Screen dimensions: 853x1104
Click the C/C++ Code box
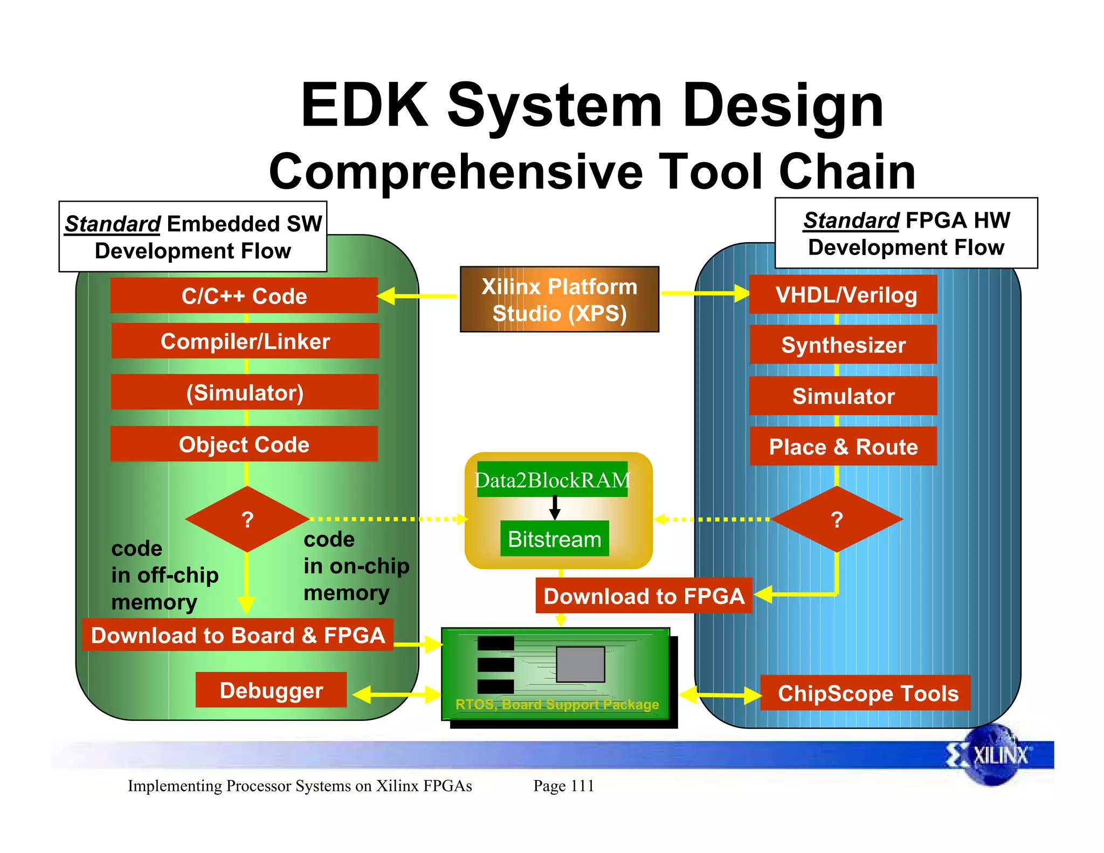click(x=244, y=295)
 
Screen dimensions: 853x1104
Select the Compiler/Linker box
click(x=245, y=341)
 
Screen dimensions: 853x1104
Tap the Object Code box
click(x=244, y=444)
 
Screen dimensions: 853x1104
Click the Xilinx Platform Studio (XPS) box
click(x=559, y=299)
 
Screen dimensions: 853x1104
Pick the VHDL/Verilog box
click(x=843, y=294)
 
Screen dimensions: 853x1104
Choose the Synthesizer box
click(x=843, y=345)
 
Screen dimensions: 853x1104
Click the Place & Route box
click(x=843, y=446)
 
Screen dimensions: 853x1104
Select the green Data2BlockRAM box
click(x=552, y=479)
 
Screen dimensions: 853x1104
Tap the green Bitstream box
click(x=554, y=538)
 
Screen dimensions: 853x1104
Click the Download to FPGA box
click(x=644, y=596)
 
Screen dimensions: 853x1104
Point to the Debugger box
click(x=271, y=690)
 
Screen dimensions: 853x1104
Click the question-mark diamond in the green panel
click(x=247, y=519)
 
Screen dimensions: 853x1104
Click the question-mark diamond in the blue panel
click(x=837, y=519)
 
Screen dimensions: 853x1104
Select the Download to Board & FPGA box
click(x=238, y=635)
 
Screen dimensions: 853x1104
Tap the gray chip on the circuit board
click(x=580, y=664)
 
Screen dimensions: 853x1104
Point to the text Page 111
click(x=563, y=786)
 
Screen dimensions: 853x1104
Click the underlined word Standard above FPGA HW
click(x=851, y=220)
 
